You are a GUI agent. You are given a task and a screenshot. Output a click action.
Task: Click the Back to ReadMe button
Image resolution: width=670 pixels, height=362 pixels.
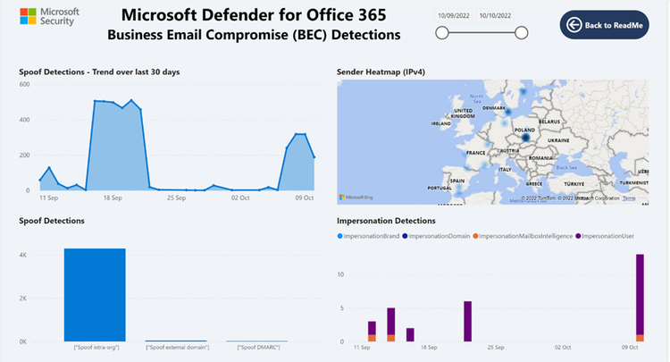pyautogui.click(x=604, y=25)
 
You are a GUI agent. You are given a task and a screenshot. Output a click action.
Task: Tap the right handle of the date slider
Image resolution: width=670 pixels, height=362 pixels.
pyautogui.click(x=523, y=33)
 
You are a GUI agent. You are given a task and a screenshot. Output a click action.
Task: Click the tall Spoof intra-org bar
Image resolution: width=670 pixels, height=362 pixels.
pyautogui.click(x=95, y=294)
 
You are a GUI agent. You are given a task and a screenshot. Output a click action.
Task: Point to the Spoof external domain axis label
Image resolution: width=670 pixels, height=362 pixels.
pyautogui.click(x=177, y=347)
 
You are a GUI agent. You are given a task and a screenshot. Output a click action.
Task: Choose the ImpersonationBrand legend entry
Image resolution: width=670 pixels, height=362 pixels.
pyautogui.click(x=367, y=235)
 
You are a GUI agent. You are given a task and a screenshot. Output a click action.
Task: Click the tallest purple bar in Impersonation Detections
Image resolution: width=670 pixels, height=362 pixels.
pyautogui.click(x=640, y=294)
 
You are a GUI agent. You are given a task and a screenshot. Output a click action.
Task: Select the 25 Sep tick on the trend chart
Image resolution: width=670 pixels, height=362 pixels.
pyautogui.click(x=175, y=198)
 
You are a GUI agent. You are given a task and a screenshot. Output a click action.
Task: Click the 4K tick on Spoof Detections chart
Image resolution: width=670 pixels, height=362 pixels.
pyautogui.click(x=24, y=256)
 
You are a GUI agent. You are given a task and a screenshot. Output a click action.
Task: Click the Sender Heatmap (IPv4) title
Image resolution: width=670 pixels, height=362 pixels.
pyautogui.click(x=379, y=72)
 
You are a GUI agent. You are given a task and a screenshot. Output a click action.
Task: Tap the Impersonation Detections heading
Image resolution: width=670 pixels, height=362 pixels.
pyautogui.click(x=386, y=220)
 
